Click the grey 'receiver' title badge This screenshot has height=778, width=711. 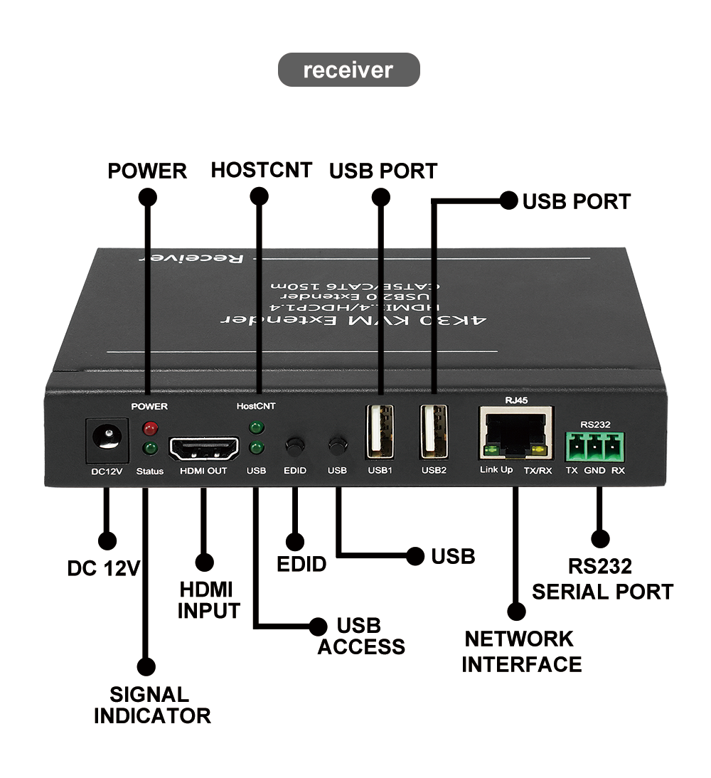(x=348, y=70)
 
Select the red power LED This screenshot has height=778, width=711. (x=149, y=429)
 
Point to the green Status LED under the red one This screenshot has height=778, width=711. (x=149, y=449)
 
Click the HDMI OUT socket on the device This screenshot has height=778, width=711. (x=203, y=447)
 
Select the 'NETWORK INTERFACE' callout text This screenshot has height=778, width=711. (x=521, y=651)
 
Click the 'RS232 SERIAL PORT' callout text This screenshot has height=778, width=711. (x=602, y=579)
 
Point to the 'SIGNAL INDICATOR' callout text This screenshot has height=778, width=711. (x=152, y=705)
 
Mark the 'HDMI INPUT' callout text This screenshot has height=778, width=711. (x=208, y=600)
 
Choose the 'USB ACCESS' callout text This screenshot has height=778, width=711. (x=360, y=636)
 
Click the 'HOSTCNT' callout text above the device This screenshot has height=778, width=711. (x=261, y=170)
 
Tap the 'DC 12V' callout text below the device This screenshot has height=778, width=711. (x=104, y=568)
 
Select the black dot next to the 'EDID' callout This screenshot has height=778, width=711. (x=294, y=542)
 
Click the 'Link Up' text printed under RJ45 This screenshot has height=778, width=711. (x=496, y=470)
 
